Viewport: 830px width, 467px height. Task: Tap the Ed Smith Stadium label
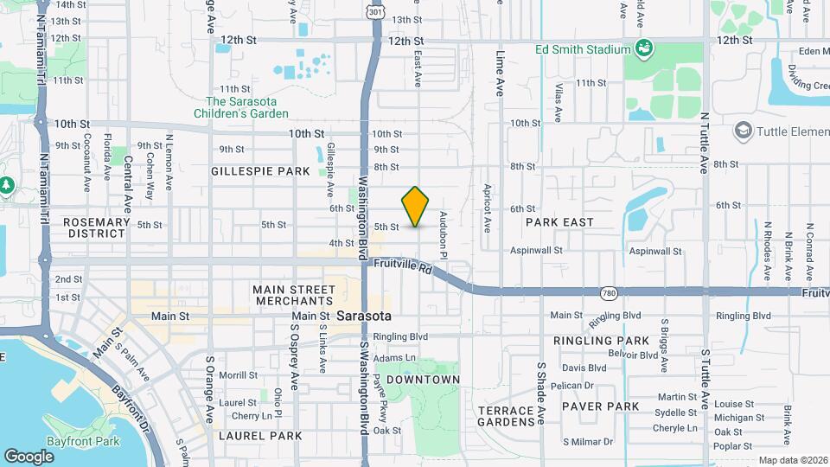pos(583,49)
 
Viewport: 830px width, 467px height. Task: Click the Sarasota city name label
pos(364,316)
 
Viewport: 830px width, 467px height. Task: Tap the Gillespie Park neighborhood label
pos(260,171)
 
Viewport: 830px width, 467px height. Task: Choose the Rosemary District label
pos(97,227)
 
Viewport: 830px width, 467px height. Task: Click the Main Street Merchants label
pos(294,295)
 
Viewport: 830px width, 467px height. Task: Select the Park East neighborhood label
pos(559,222)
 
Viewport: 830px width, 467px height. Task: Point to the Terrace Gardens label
pos(507,416)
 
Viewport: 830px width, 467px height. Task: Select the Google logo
pos(29,456)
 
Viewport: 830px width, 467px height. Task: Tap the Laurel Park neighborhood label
pos(260,436)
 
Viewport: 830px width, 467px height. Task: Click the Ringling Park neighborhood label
pos(613,341)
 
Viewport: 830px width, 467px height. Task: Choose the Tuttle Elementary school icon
pos(742,131)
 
